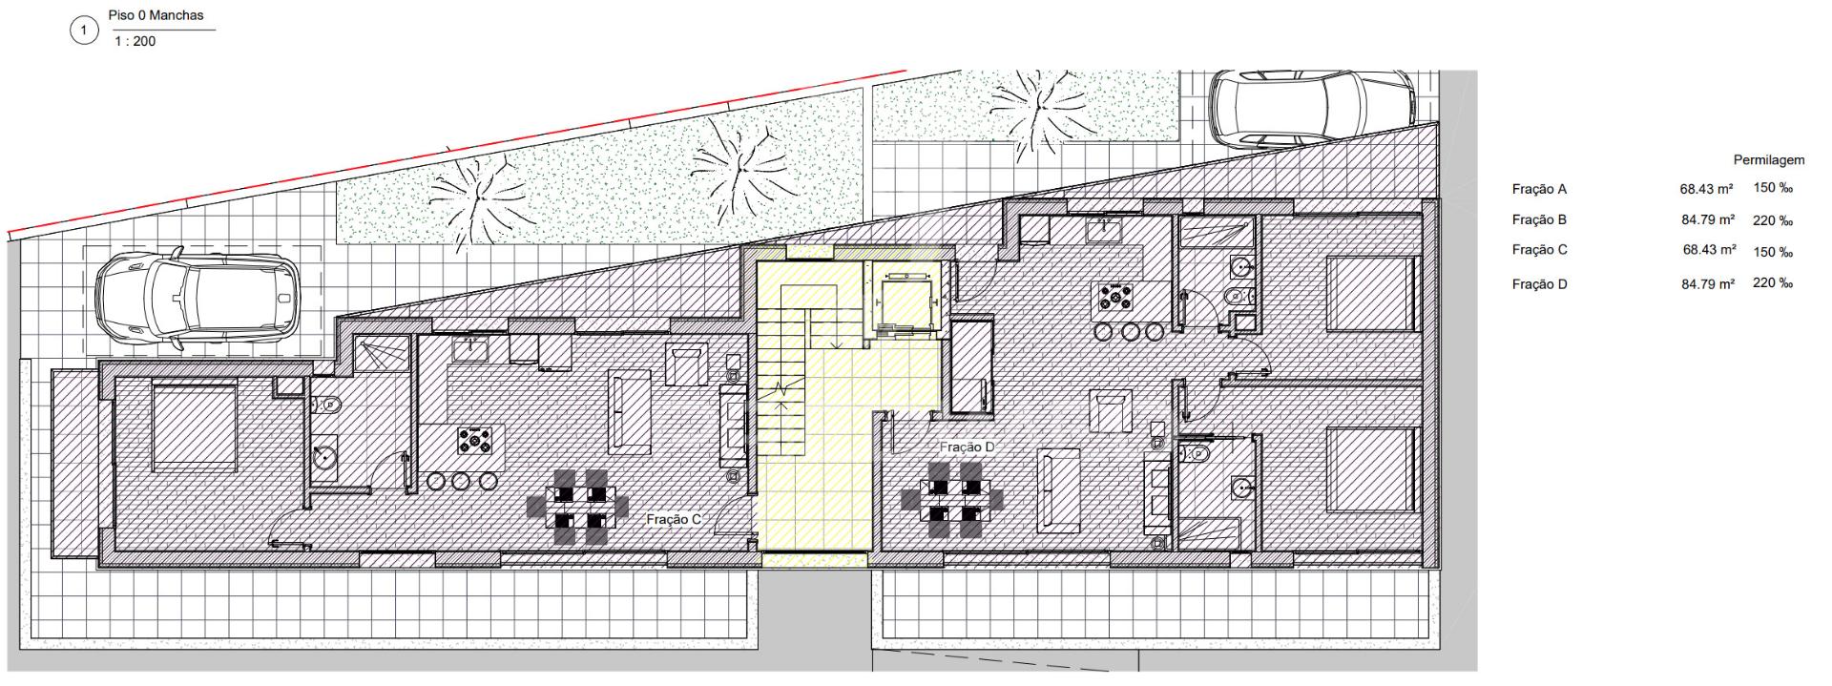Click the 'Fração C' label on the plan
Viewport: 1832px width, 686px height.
674,520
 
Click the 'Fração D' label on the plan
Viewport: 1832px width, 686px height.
967,447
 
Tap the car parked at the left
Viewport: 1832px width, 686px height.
198,298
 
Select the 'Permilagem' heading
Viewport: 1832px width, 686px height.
1769,160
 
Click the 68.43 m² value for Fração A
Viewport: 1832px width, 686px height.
1708,189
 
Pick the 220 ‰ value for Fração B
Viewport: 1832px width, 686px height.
1773,220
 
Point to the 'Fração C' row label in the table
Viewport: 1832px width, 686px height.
1540,250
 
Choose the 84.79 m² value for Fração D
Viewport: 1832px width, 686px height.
1708,283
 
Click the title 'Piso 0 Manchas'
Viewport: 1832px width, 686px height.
156,16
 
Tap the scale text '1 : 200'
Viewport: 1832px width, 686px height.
135,42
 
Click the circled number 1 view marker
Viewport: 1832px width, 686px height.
84,31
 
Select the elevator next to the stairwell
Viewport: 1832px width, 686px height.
902,297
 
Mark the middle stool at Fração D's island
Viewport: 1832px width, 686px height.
1132,332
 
